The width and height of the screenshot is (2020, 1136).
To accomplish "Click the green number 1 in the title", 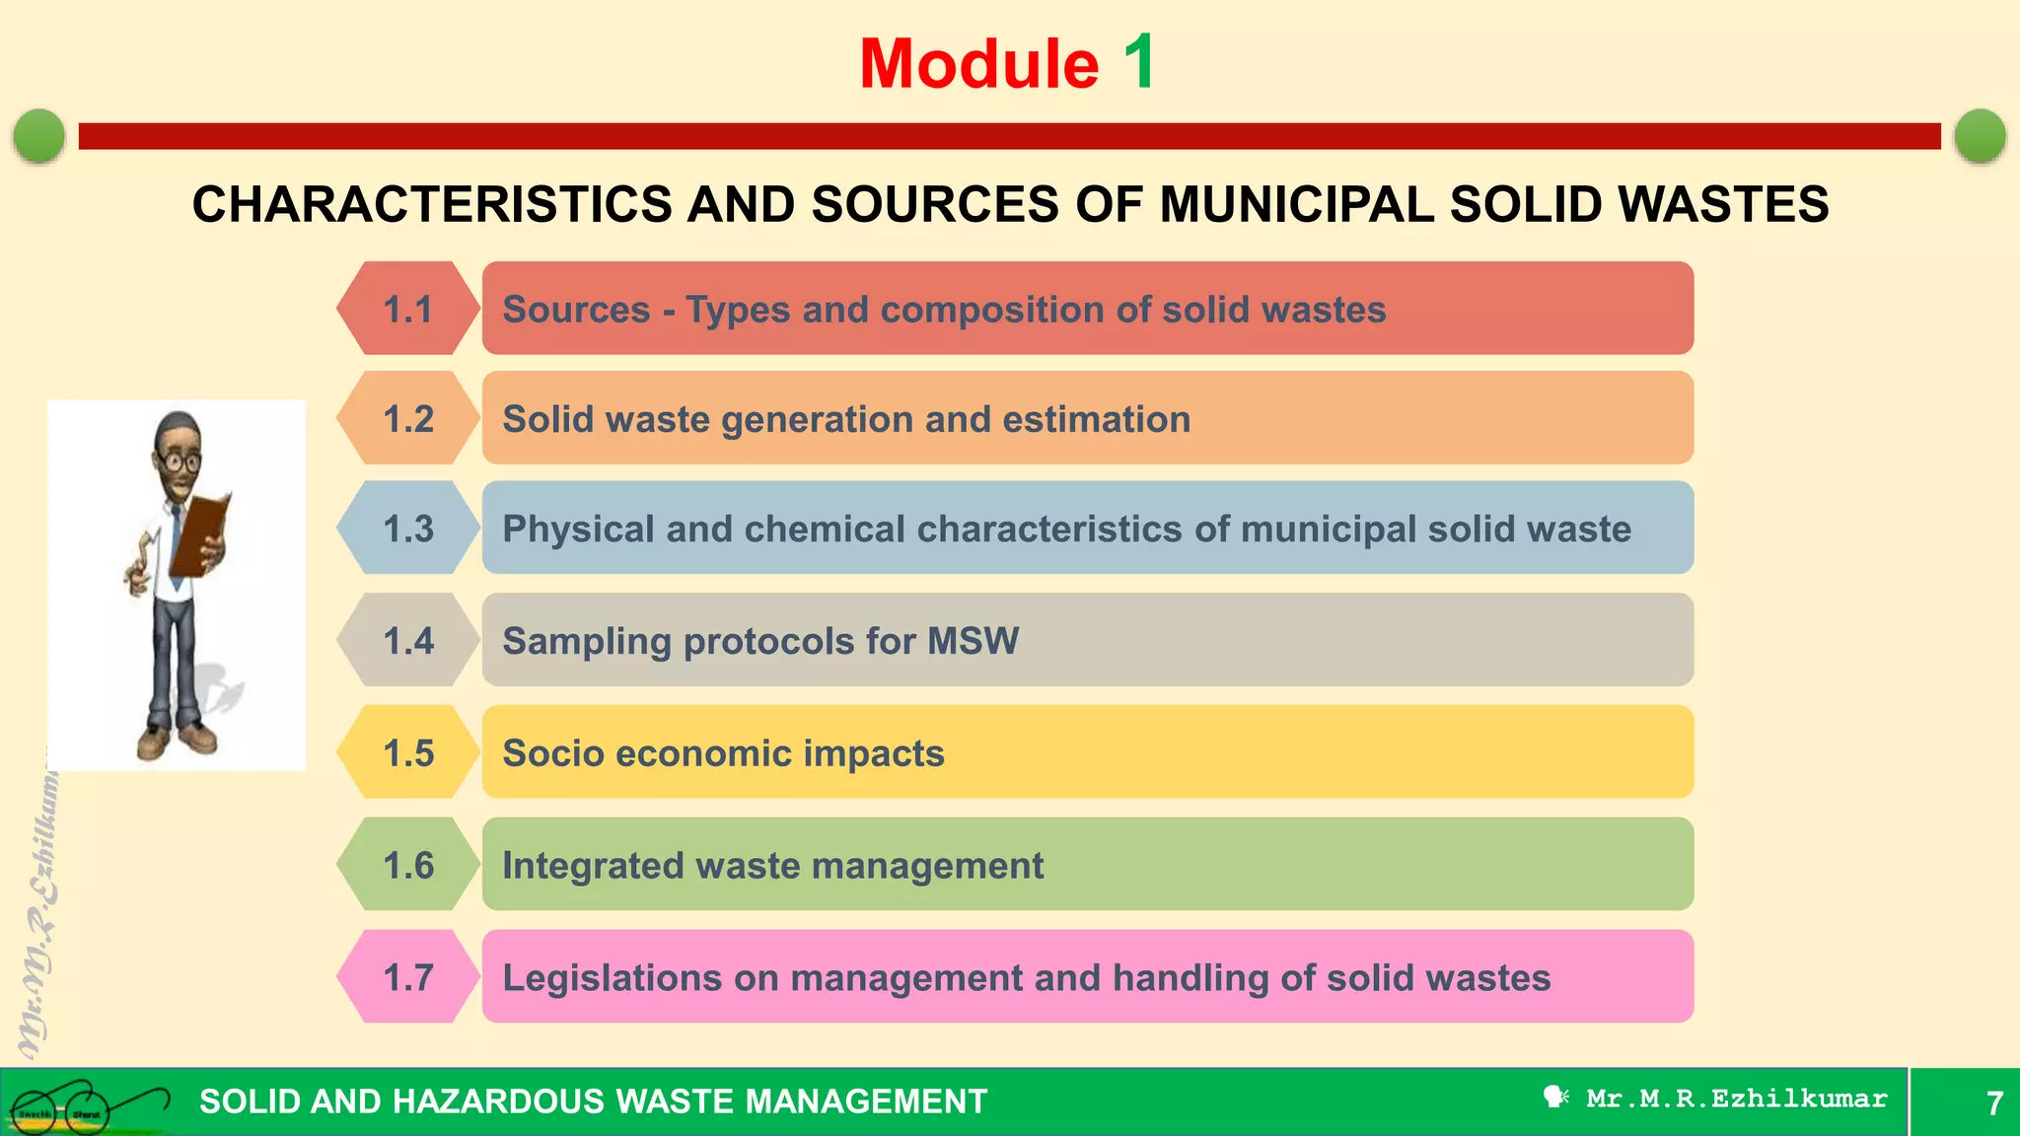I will pos(1140,63).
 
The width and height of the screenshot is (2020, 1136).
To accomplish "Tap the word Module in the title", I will pos(978,65).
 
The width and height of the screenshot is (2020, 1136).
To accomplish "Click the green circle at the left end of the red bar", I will pos(39,135).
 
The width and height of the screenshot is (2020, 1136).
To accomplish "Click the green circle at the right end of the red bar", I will pos(1980,135).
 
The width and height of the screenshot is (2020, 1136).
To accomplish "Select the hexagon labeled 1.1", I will pos(408,309).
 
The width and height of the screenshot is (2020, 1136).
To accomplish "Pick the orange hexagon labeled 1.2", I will pos(408,418).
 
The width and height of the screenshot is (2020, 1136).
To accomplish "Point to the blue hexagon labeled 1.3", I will pos(408,529).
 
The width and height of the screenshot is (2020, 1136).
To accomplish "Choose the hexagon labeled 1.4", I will pos(408,640).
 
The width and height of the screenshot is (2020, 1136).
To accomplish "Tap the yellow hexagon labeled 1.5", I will pos(408,752).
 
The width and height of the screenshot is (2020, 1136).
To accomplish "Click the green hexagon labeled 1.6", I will pos(408,865).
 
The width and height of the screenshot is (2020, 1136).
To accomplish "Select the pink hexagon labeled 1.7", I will pos(408,977).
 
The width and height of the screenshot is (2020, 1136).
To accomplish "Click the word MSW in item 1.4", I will pos(974,641).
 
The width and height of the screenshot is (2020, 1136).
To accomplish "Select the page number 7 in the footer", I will pos(1994,1102).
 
